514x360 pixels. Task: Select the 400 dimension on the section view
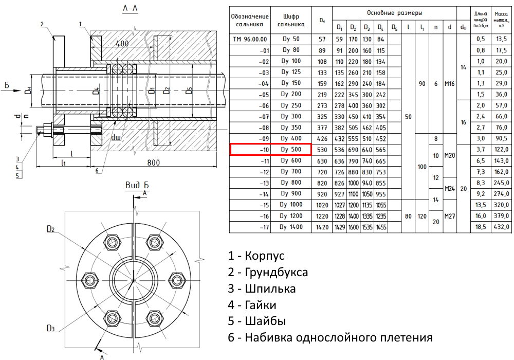coord(122,44)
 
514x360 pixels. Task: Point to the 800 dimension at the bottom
coord(153,163)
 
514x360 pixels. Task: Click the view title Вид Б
coord(137,185)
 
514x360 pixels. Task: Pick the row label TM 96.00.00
coord(250,39)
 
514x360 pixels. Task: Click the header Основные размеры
coord(394,11)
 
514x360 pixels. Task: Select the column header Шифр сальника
coord(291,21)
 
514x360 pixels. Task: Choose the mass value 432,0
coord(501,227)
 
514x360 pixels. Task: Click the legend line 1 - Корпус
coord(256,256)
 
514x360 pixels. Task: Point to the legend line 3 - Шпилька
coord(262,289)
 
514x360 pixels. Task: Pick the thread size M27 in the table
coord(450,215)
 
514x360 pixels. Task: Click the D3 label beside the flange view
coord(50,328)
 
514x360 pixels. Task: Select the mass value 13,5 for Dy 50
coord(501,39)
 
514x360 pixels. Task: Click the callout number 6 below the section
coord(96,171)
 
